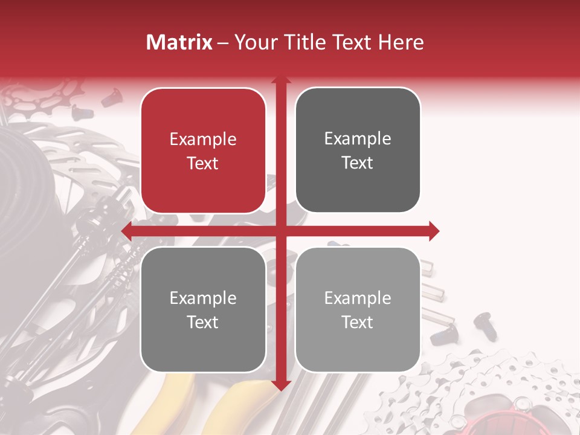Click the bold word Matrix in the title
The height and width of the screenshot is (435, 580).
pos(179,42)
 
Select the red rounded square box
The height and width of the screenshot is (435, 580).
pos(203,151)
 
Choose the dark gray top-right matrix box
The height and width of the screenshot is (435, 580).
pos(358,150)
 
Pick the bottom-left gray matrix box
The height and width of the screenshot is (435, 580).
pos(203,309)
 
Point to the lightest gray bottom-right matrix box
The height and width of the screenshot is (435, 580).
pos(358,309)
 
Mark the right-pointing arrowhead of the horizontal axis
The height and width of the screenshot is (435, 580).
pos(433,231)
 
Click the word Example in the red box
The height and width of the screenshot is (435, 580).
pos(203,140)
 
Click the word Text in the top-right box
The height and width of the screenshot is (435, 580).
pos(358,163)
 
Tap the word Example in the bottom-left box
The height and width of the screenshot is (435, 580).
pos(203,298)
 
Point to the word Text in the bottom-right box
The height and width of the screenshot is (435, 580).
pos(358,322)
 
